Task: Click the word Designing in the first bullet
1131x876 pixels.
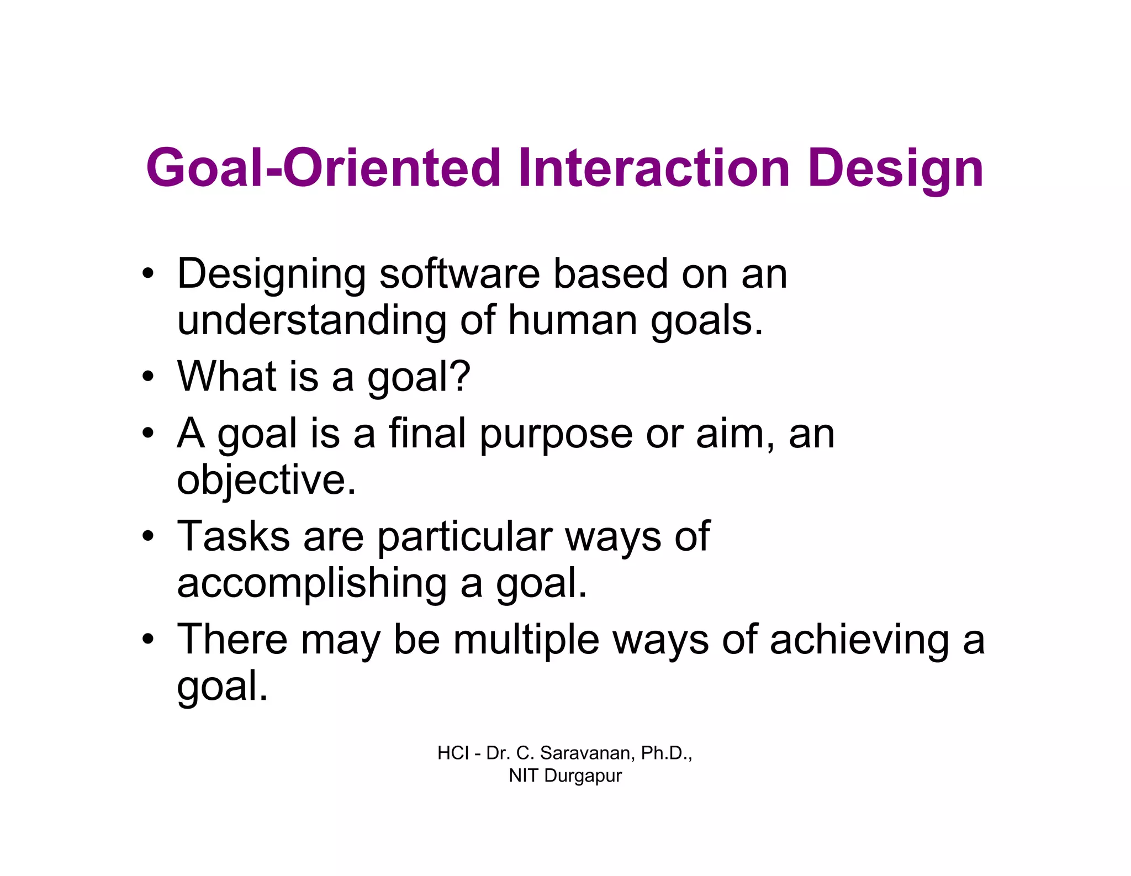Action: (271, 275)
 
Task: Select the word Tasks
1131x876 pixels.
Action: (233, 536)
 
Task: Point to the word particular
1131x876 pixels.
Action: (465, 537)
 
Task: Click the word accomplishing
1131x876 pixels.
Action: (311, 584)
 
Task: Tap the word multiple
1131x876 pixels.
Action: (526, 640)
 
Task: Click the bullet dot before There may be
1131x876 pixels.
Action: (147, 640)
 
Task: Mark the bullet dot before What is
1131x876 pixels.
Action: (147, 377)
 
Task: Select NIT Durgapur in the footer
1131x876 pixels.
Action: (565, 775)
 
